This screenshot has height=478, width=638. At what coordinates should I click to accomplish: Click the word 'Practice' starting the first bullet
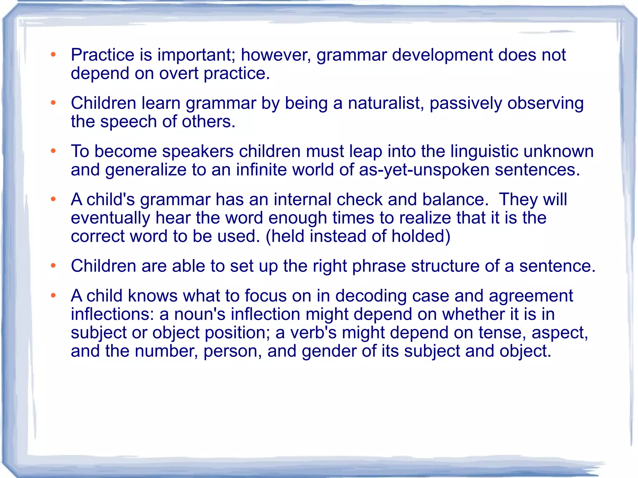(102, 55)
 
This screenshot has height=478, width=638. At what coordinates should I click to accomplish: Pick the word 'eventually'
(111, 218)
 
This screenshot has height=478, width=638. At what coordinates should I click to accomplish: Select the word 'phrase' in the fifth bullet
(379, 267)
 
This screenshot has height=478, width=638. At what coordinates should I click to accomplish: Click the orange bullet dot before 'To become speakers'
(53, 151)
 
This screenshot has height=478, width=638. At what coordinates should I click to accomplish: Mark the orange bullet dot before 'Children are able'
(53, 266)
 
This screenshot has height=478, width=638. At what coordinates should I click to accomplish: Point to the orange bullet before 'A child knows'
(53, 295)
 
